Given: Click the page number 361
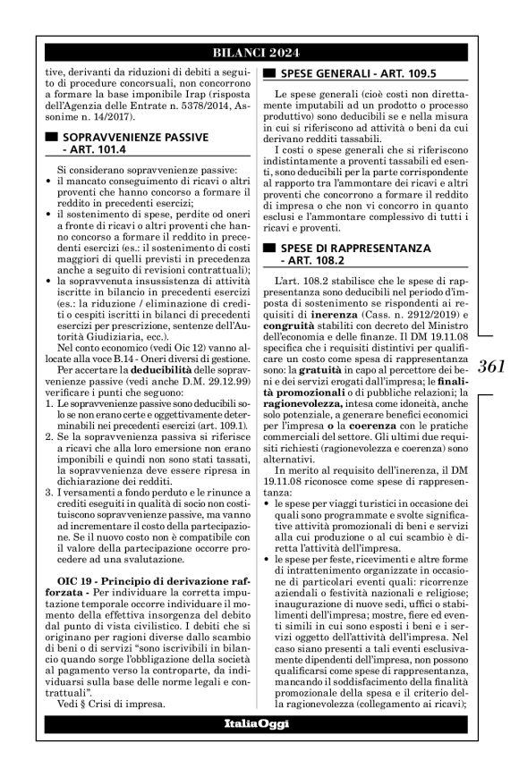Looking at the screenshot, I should (492, 365).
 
